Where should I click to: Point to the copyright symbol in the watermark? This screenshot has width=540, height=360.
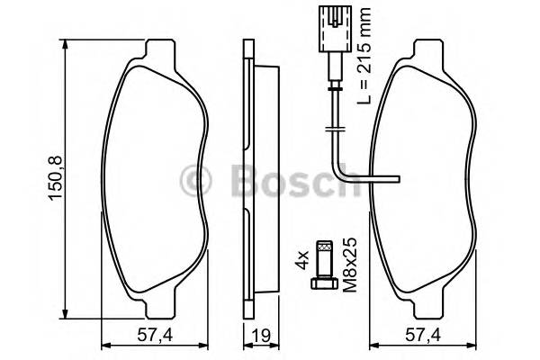(x=195, y=179)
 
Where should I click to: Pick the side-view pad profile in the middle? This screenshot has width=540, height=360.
(x=251, y=180)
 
